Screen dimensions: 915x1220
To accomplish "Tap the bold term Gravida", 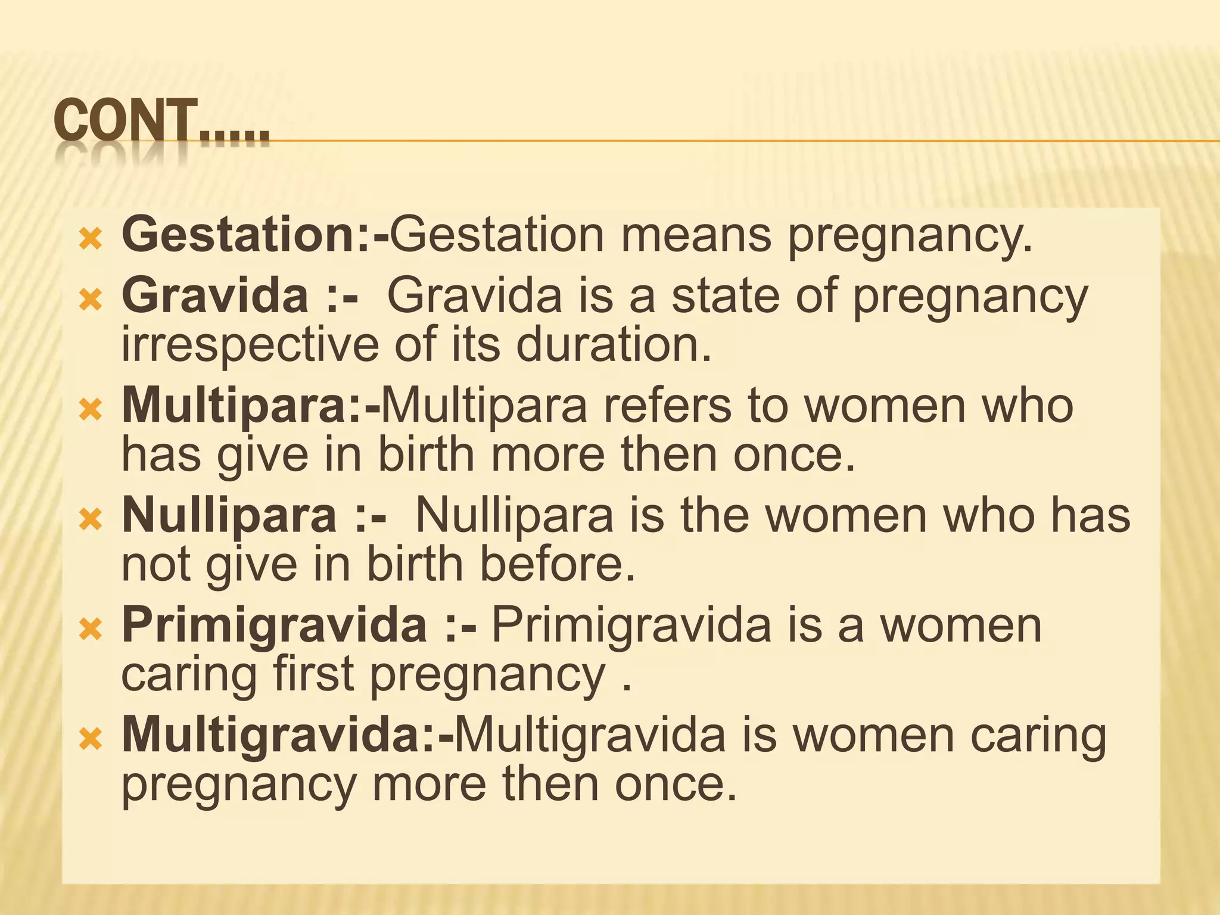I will pyautogui.click(x=215, y=295).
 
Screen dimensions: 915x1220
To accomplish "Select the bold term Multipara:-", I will pyautogui.click(x=250, y=406).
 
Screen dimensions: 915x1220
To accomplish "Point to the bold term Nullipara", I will pyautogui.click(x=229, y=515).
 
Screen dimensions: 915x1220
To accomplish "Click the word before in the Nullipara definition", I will pyautogui.click(x=558, y=564).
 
